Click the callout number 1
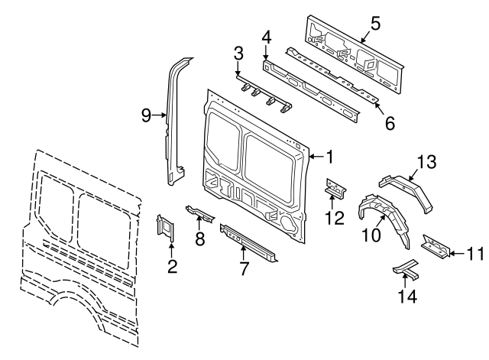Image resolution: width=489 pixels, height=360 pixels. [329, 157]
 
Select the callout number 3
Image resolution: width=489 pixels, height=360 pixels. [238, 53]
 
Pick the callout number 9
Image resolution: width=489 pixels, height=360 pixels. [147, 115]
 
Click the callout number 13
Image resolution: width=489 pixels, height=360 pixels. [426, 161]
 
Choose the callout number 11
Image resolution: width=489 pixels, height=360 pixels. [474, 254]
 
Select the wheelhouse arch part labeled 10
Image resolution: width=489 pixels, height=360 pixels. [381, 210]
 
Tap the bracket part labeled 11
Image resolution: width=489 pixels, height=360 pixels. [434, 245]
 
